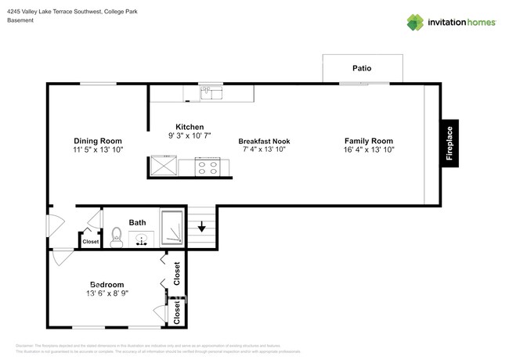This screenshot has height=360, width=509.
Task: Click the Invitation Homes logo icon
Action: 416,22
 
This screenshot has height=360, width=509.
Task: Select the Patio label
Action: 362,69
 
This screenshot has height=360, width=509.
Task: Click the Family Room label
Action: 368,141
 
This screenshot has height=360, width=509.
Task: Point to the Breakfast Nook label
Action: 264,141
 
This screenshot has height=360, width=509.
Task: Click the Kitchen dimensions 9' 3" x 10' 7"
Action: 190,135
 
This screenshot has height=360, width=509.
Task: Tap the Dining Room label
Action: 98,141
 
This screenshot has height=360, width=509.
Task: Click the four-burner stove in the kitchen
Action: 207,166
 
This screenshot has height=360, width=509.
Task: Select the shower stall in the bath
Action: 172,228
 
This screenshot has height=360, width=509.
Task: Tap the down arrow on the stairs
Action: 201,228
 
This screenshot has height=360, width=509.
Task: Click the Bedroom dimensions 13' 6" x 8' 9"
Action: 106,293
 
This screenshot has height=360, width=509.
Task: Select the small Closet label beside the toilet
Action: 91,242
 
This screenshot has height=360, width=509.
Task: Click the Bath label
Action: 138,222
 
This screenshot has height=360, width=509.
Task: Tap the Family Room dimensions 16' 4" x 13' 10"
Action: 368,149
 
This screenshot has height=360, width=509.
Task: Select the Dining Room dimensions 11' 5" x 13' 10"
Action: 98,149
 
